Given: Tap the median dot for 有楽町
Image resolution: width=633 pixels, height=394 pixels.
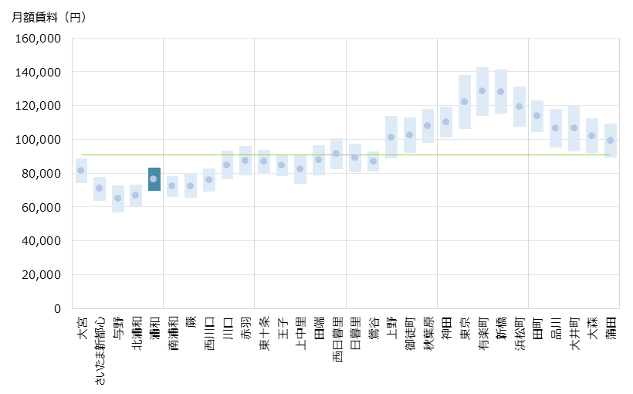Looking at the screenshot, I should [x=482, y=90].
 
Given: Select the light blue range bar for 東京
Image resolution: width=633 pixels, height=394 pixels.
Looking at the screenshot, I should [x=465, y=101].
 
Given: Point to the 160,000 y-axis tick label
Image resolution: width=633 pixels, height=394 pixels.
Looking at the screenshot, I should [x=39, y=38].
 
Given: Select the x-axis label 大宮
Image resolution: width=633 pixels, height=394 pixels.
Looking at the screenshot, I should [x=82, y=328].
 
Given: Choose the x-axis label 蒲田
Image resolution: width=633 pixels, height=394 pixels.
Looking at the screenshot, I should [x=611, y=328].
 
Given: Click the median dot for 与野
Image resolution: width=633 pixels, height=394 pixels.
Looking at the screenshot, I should [x=118, y=199].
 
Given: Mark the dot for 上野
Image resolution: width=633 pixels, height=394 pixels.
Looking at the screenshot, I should [x=391, y=137].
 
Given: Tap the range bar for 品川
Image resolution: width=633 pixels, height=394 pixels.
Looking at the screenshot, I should [x=556, y=128].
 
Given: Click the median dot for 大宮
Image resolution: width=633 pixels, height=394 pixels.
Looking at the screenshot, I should [x=81, y=170].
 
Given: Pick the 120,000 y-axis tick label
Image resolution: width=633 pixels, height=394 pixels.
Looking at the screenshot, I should [x=39, y=106].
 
